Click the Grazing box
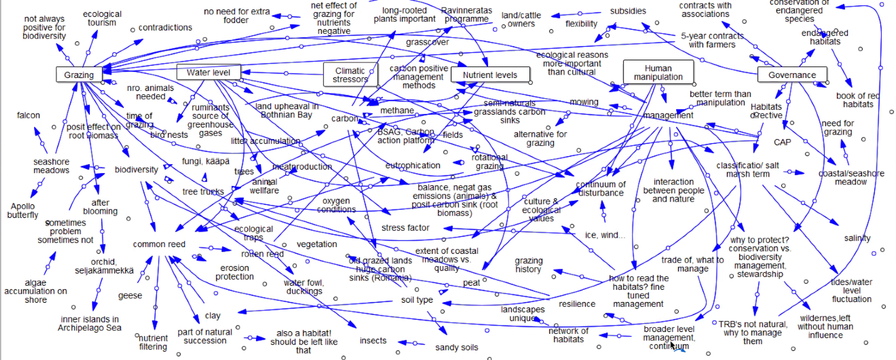(79, 75)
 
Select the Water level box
(208, 72)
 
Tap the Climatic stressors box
(350, 75)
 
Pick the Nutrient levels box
(490, 75)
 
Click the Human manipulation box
(658, 73)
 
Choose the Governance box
(792, 75)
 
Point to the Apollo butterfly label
(23, 211)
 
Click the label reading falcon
(28, 115)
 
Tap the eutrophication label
(413, 166)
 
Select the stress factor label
(405, 228)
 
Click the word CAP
(782, 142)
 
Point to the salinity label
(857, 238)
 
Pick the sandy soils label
(456, 347)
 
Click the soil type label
(417, 300)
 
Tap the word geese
(130, 296)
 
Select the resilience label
(577, 304)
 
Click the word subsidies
(628, 11)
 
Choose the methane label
(397, 110)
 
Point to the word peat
(471, 283)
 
